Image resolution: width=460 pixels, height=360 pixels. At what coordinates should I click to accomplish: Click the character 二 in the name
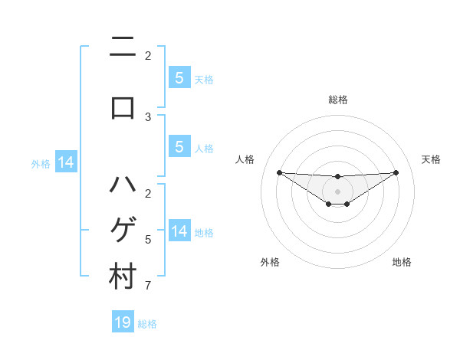point(123,48)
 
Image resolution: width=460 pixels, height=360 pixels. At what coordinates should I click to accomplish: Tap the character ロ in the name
point(123,106)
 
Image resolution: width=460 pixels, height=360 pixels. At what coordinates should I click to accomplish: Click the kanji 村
point(123,277)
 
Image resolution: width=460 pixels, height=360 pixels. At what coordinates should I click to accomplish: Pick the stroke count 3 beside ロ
point(148,116)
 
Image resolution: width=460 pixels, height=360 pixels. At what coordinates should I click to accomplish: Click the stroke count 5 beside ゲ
point(148,239)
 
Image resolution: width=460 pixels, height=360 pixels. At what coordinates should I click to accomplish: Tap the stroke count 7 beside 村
point(148,286)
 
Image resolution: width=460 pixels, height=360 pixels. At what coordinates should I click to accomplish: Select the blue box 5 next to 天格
point(179,78)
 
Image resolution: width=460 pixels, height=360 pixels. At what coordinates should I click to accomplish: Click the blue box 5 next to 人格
point(179,147)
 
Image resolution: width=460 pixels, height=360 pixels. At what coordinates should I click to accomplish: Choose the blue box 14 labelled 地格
point(179,231)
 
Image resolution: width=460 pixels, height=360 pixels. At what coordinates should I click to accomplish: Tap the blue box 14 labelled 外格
point(66,162)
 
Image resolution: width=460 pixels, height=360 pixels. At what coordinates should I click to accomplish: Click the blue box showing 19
point(123,322)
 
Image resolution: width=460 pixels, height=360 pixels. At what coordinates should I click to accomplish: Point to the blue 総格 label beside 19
point(147,324)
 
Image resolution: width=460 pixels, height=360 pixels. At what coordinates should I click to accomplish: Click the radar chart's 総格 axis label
point(337,100)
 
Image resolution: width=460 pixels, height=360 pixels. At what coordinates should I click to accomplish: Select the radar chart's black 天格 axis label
point(432,159)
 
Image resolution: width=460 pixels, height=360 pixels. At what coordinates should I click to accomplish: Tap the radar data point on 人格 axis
point(279,172)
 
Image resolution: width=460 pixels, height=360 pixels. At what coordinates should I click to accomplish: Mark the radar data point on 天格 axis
point(396,172)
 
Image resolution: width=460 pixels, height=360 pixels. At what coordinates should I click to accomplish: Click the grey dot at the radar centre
point(337,191)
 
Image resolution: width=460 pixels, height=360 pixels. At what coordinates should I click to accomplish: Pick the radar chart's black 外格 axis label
point(270,262)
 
